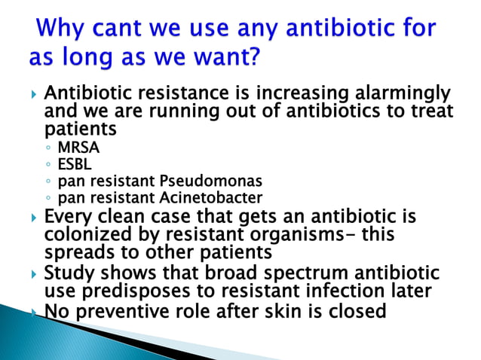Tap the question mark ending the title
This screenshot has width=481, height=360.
pyautogui.click(x=258, y=58)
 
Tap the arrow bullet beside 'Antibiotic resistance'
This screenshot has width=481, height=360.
pyautogui.click(x=32, y=96)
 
